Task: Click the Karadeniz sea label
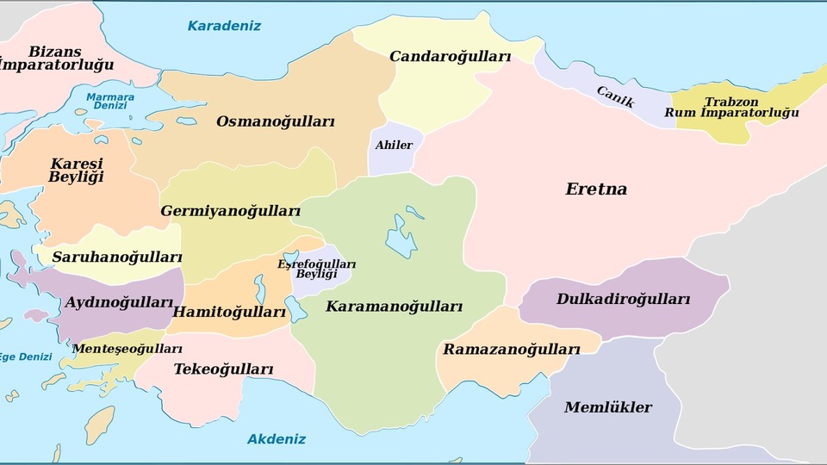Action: click(x=224, y=26)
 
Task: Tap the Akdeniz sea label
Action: click(x=277, y=439)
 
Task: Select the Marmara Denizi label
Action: click(x=110, y=102)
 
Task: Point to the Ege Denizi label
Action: click(x=24, y=356)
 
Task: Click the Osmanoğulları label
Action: click(x=275, y=121)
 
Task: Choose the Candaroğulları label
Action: click(x=450, y=57)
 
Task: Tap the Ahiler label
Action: click(x=394, y=146)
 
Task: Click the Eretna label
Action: click(x=596, y=189)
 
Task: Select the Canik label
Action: click(x=615, y=97)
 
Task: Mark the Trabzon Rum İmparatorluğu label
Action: click(x=731, y=108)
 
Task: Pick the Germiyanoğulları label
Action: click(x=230, y=211)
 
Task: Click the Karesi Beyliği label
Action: click(x=76, y=170)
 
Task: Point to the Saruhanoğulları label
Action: click(x=117, y=257)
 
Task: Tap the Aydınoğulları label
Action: click(x=120, y=302)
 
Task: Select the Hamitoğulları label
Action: click(x=229, y=312)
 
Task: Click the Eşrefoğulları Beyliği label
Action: click(x=316, y=269)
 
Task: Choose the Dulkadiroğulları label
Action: click(x=623, y=300)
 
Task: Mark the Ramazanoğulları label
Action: click(x=511, y=350)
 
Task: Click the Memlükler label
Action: click(x=608, y=407)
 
